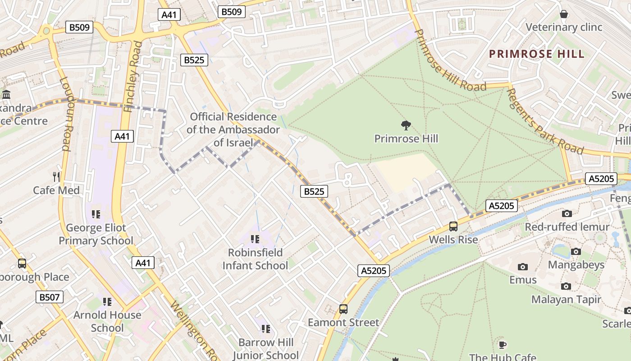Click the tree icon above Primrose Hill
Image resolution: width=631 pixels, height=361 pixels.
[406, 125]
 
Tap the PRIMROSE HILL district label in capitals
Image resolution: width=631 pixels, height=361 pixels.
[537, 54]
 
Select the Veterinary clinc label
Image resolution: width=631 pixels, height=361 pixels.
[564, 27]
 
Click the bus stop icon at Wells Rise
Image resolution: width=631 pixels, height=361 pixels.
[453, 227]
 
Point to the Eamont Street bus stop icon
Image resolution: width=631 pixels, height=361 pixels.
[343, 309]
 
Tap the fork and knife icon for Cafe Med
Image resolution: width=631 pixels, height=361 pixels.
[56, 176]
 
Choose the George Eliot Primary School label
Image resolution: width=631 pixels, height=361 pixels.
[96, 234]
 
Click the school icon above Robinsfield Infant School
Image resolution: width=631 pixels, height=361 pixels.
[255, 239]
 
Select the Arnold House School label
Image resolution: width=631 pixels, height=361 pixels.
[107, 321]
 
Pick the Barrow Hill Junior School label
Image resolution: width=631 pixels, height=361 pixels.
[265, 349]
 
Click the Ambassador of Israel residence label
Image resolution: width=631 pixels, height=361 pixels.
[233, 130]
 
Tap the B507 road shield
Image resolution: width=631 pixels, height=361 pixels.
[50, 297]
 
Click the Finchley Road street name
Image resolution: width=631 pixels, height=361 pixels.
[133, 77]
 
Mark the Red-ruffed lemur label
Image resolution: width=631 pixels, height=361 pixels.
[567, 227]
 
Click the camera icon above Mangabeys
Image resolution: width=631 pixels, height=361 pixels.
[576, 251]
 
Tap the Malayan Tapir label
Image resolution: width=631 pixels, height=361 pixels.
[566, 300]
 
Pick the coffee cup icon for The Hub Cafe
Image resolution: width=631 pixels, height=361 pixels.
[502, 345]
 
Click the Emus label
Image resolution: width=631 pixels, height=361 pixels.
[523, 280]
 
